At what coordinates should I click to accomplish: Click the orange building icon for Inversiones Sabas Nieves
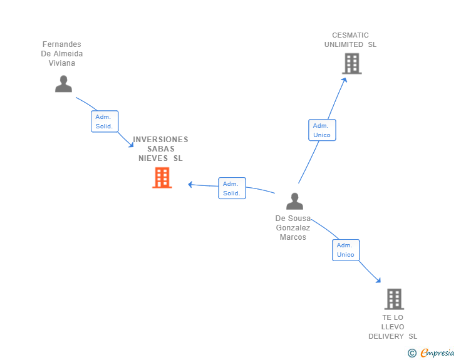click(x=162, y=178)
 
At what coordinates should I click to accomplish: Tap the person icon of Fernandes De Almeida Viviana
click(x=63, y=84)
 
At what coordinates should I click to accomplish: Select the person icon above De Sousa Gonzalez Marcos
click(x=294, y=201)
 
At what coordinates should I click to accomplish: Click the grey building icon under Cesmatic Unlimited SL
click(x=352, y=63)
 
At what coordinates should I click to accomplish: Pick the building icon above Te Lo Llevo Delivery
click(x=395, y=299)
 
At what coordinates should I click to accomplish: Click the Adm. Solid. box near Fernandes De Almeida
click(x=105, y=121)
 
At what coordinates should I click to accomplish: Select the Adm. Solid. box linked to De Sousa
click(x=232, y=188)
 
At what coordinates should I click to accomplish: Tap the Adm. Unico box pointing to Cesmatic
click(x=322, y=130)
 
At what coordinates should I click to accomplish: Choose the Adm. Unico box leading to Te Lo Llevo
click(x=346, y=250)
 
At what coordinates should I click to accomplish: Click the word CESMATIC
click(x=350, y=35)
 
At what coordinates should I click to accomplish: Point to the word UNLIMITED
click(x=344, y=44)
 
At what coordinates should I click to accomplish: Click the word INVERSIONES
click(x=160, y=140)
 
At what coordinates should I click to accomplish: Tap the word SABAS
click(x=161, y=149)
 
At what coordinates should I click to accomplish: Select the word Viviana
click(x=61, y=63)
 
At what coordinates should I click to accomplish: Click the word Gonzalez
click(x=293, y=228)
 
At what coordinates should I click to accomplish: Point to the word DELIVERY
click(x=386, y=336)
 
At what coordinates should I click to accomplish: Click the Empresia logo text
click(x=437, y=353)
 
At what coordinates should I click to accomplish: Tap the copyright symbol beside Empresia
click(x=412, y=353)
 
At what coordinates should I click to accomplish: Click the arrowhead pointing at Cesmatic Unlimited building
click(x=344, y=80)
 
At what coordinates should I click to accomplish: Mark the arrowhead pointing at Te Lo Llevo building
click(x=378, y=280)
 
